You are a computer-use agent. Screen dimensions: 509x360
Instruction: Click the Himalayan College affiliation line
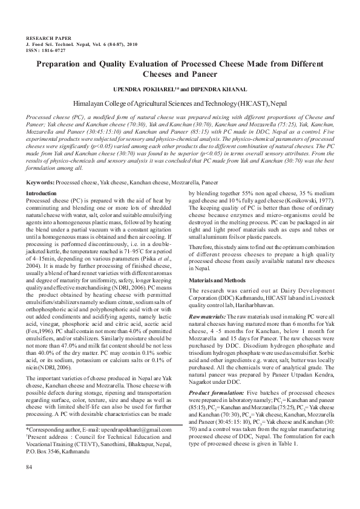180,103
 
